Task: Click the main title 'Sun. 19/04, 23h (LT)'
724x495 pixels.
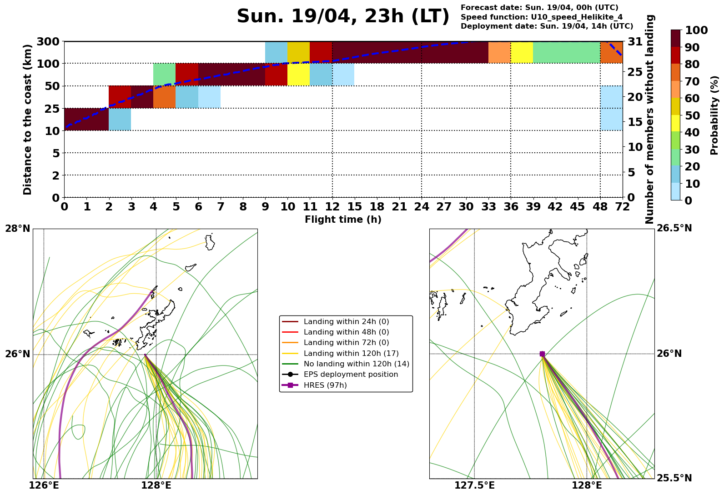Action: (343, 17)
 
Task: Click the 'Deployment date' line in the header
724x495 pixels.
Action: (547, 26)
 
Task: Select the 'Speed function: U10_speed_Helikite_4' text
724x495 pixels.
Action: (541, 17)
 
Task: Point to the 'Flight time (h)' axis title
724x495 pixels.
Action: (343, 220)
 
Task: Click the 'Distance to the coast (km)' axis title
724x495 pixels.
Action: (28, 120)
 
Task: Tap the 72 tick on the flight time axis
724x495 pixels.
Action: (623, 207)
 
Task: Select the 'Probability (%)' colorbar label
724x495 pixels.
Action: (714, 115)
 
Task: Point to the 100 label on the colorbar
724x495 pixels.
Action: (696, 30)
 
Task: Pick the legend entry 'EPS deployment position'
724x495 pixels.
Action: (351, 375)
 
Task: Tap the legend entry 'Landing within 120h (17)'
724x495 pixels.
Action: (351, 353)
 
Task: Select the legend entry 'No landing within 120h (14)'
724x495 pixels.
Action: (356, 364)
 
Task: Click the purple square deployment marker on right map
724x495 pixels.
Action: (542, 354)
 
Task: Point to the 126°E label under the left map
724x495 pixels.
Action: (44, 485)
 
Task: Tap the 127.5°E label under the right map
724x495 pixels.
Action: (474, 485)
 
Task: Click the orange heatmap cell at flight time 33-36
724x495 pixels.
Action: (499, 52)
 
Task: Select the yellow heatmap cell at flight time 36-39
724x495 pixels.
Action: (522, 52)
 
